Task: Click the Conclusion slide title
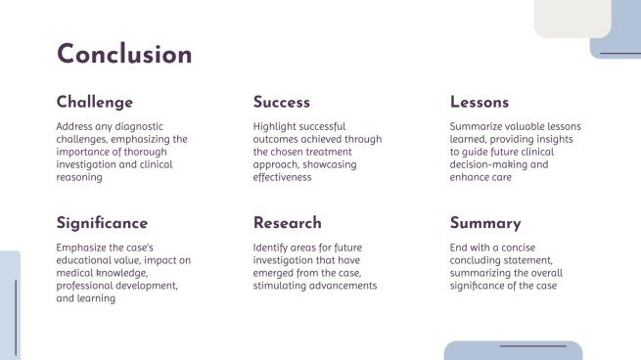tap(124, 55)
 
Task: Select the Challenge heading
tap(95, 103)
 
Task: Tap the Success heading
tap(282, 103)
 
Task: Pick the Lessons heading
tap(480, 103)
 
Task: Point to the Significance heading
tap(103, 223)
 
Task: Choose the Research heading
tap(288, 223)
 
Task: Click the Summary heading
tap(485, 223)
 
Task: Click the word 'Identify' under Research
tap(270, 247)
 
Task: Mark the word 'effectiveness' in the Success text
tap(282, 178)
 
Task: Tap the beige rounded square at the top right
tap(572, 18)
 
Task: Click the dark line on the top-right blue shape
tap(619, 53)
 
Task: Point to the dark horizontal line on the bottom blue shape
tap(532, 346)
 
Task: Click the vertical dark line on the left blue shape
tap(16, 316)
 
